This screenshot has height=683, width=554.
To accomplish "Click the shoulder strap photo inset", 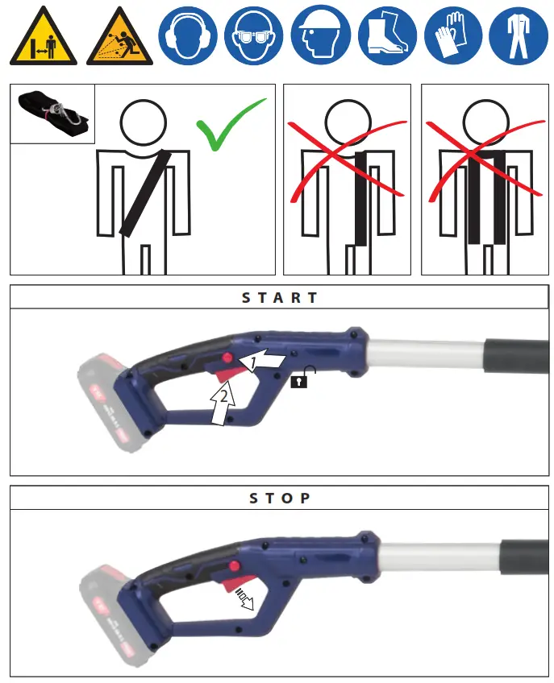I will (x=52, y=114).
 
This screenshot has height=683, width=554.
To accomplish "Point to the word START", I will (x=280, y=297).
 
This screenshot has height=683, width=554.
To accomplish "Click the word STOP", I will (x=280, y=498).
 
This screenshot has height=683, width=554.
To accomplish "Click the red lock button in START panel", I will (x=230, y=358).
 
